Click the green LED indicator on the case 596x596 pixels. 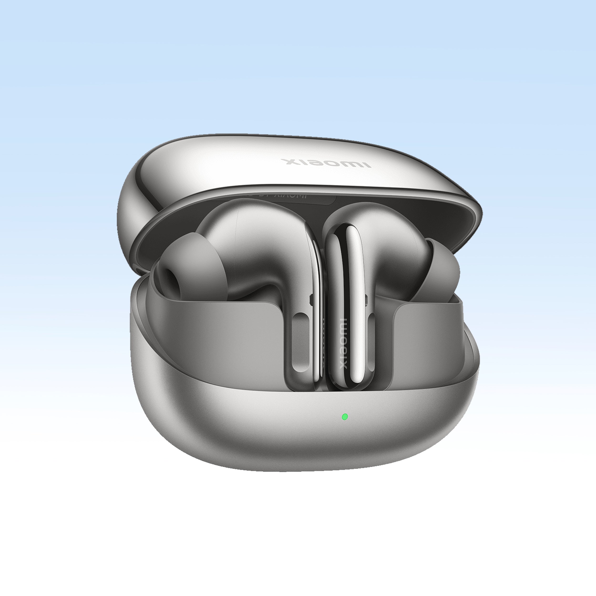[345, 417]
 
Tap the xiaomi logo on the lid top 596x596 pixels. [326, 163]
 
